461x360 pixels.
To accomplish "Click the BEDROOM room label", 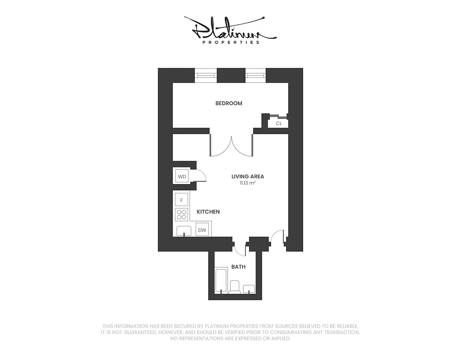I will (x=228, y=103).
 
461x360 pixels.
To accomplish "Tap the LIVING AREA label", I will (x=247, y=177).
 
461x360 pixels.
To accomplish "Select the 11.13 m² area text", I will (x=247, y=184).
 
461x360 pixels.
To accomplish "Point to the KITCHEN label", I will (x=208, y=211).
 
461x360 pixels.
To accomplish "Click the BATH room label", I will (x=238, y=267).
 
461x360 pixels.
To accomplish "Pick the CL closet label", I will (x=279, y=123).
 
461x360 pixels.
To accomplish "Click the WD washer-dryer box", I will (x=182, y=176).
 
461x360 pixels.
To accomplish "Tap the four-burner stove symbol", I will (x=182, y=215).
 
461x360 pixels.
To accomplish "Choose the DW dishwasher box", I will (x=202, y=230).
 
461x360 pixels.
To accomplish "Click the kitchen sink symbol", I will (x=184, y=231).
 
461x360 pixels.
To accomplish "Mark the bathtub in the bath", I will (x=222, y=281).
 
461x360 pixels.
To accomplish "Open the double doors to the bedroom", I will (x=231, y=145).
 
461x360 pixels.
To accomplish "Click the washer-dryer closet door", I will (x=200, y=177).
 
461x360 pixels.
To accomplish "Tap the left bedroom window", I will (x=206, y=75).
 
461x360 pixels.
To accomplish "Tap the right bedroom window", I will (x=255, y=75).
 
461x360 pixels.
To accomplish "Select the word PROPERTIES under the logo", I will (x=230, y=43).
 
